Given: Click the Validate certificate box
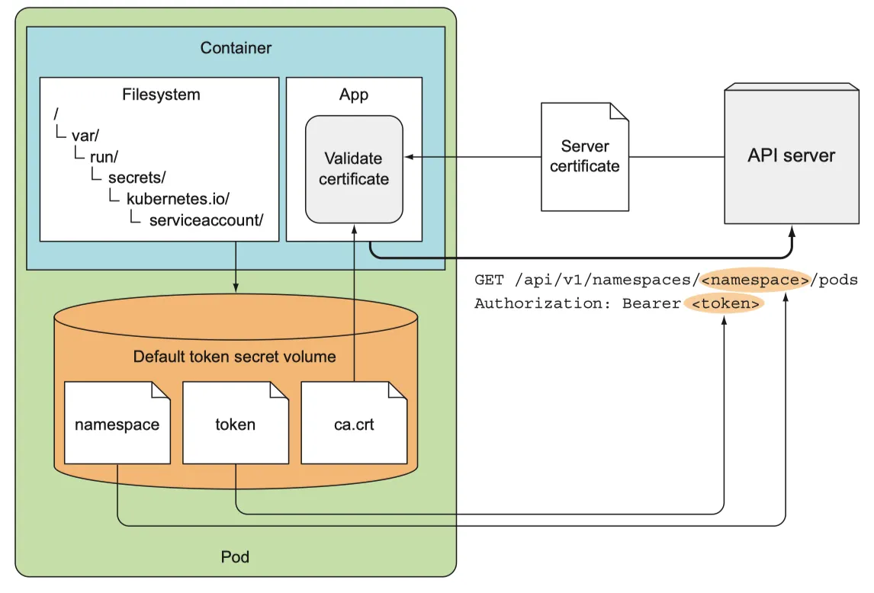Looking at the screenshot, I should pos(354,168).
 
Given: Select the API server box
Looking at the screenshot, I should pos(791,155).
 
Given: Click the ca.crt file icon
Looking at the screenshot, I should pos(355,424).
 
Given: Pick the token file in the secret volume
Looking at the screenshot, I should pos(236,424).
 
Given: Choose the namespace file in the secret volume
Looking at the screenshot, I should pos(117,424).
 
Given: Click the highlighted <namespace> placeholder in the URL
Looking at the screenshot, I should pos(755,280).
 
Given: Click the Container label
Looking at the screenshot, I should pos(236,48).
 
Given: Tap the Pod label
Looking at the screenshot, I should pos(235,556).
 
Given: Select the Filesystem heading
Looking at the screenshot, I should pos(161,95).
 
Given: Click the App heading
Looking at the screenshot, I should pos(353,95).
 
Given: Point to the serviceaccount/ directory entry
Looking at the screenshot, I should pos(206,220).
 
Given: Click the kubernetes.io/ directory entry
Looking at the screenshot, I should pos(178,199).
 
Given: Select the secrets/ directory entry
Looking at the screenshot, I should pos(137,178).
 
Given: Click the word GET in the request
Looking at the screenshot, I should pos(489,280).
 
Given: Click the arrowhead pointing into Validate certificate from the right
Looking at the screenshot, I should pos(409,157).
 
